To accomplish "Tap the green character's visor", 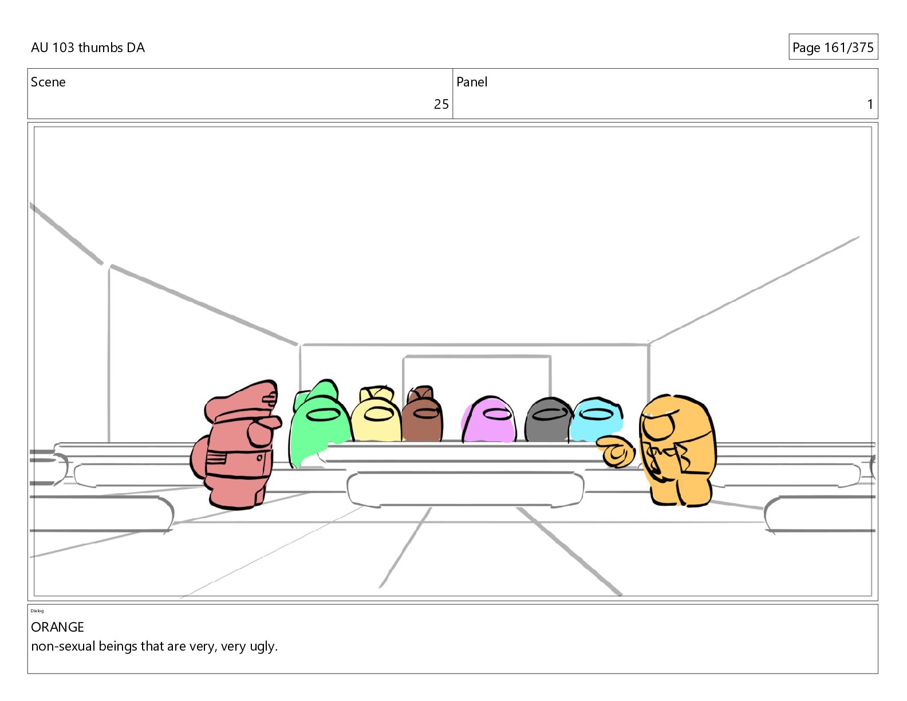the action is (x=323, y=415).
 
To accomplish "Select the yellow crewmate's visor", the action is (x=378, y=414).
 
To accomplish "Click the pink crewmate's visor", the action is (x=496, y=413).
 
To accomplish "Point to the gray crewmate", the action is (x=549, y=419).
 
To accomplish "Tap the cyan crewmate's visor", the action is (x=597, y=413).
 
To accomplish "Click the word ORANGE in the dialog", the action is (x=57, y=627).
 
